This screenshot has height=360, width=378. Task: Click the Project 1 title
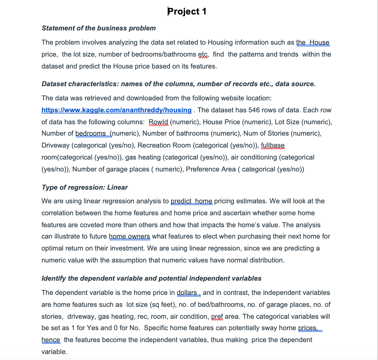[x=187, y=12]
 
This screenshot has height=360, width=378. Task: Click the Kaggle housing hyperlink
[x=116, y=110]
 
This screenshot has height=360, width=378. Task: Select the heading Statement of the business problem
[x=99, y=28]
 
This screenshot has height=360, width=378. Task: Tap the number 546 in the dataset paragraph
[x=254, y=110]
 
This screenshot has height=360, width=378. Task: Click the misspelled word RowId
[x=159, y=122]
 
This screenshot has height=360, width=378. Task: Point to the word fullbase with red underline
[x=273, y=145]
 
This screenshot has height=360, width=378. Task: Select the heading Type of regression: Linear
[x=84, y=187]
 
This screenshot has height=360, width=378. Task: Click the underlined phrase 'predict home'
[x=191, y=201]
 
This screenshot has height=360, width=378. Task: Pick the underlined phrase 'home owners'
[x=129, y=237]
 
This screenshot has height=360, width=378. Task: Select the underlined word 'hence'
[x=51, y=340]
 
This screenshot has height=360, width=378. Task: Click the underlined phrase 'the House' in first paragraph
[x=313, y=43]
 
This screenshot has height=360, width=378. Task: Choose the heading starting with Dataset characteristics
[x=178, y=84]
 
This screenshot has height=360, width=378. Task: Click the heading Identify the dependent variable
[x=151, y=278]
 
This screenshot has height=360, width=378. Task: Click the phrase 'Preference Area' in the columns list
[x=211, y=169]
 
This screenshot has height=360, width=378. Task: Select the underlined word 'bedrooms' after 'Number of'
[x=91, y=133]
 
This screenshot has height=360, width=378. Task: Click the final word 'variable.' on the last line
[x=54, y=352]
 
